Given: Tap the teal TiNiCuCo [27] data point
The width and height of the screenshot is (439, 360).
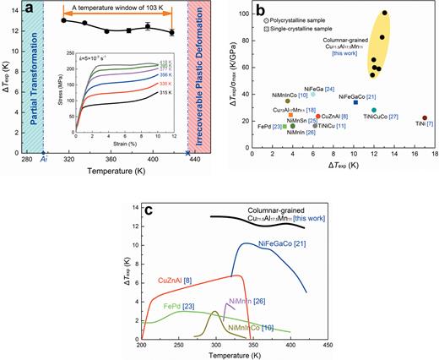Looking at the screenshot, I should click(x=374, y=110).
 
